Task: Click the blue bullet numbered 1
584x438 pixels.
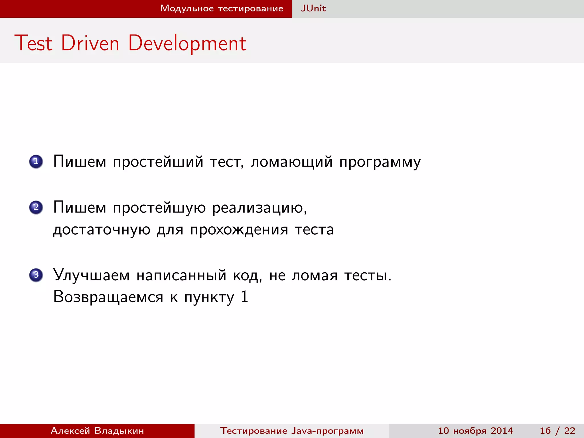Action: coord(36,162)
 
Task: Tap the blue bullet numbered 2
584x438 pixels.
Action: coord(36,207)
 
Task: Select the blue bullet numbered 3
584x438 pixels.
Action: coord(36,275)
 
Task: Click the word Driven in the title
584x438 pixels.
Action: coord(90,43)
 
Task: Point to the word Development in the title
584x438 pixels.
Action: coord(187,43)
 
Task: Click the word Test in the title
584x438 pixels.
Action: coord(34,43)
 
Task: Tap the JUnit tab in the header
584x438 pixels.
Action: coord(313,9)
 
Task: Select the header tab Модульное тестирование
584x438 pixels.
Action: coord(222,9)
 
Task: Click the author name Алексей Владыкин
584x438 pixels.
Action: coord(97,431)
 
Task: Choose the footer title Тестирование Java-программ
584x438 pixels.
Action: coord(292,431)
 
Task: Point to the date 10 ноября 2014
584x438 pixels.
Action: coord(475,431)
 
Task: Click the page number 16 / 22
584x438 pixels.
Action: coord(557,431)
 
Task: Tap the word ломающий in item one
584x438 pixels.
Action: coord(291,162)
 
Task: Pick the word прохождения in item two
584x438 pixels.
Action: coord(239,230)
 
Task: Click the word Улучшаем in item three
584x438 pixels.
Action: coord(91,275)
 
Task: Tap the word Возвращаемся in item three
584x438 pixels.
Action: coord(108,297)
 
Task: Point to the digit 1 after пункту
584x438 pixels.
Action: coord(244,297)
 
